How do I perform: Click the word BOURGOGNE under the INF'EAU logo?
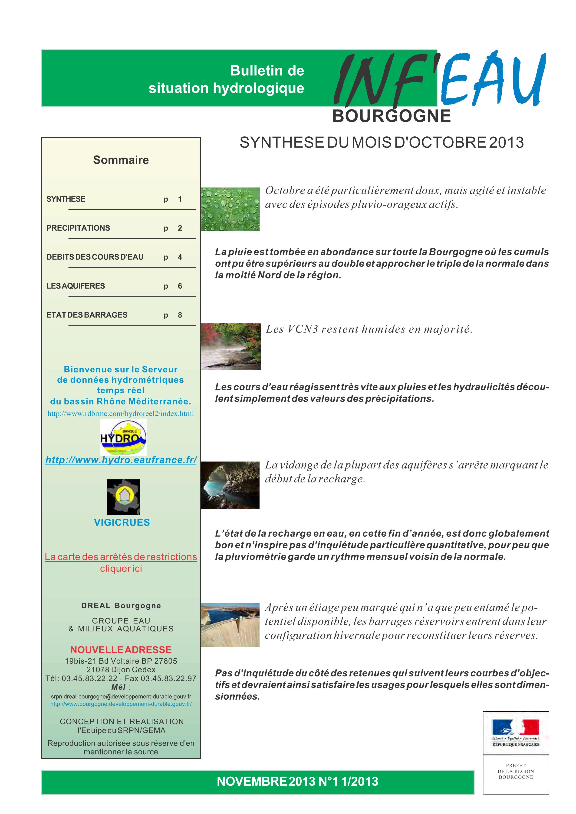pos(392,116)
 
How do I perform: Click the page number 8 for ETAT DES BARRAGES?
pos(180,315)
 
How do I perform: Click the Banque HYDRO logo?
pos(123,437)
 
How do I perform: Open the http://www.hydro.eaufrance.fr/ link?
pos(121,460)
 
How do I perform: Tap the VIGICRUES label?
pos(122,522)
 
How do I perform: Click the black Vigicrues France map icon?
pos(123,497)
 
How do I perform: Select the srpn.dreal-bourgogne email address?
pos(121,696)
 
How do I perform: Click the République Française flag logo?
pos(515,733)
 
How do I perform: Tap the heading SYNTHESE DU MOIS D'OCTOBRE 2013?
pos(382,142)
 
